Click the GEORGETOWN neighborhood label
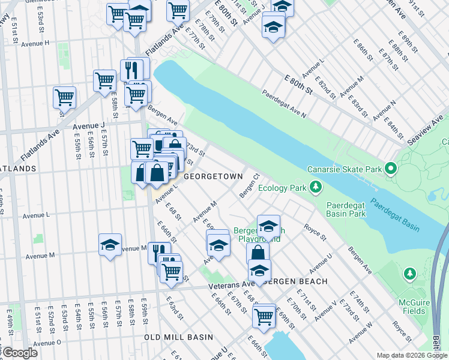212,176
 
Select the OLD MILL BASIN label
182,337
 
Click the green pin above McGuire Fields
410,274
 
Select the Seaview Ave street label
424,127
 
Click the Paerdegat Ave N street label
283,104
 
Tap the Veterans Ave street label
232,285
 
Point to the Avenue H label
35,44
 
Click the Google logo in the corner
20,353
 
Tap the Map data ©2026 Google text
411,355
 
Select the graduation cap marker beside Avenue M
110,245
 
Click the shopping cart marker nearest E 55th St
64,97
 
